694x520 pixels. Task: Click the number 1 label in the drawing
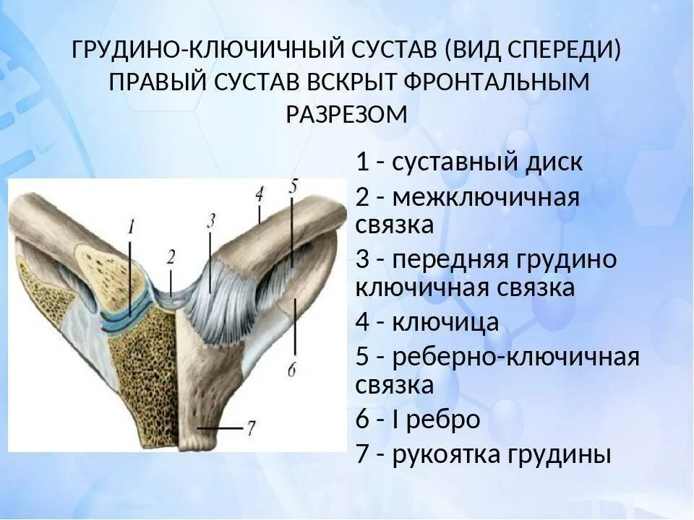pos(131,227)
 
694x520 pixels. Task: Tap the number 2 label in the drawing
pos(171,256)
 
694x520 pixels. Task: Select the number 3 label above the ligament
pos(210,221)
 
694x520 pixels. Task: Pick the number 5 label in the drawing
pos(292,186)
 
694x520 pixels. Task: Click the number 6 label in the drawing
pos(292,370)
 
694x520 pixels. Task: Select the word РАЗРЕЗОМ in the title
pos(347,114)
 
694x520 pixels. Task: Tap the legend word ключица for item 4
pos(445,322)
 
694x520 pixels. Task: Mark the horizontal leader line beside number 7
pos(220,428)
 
